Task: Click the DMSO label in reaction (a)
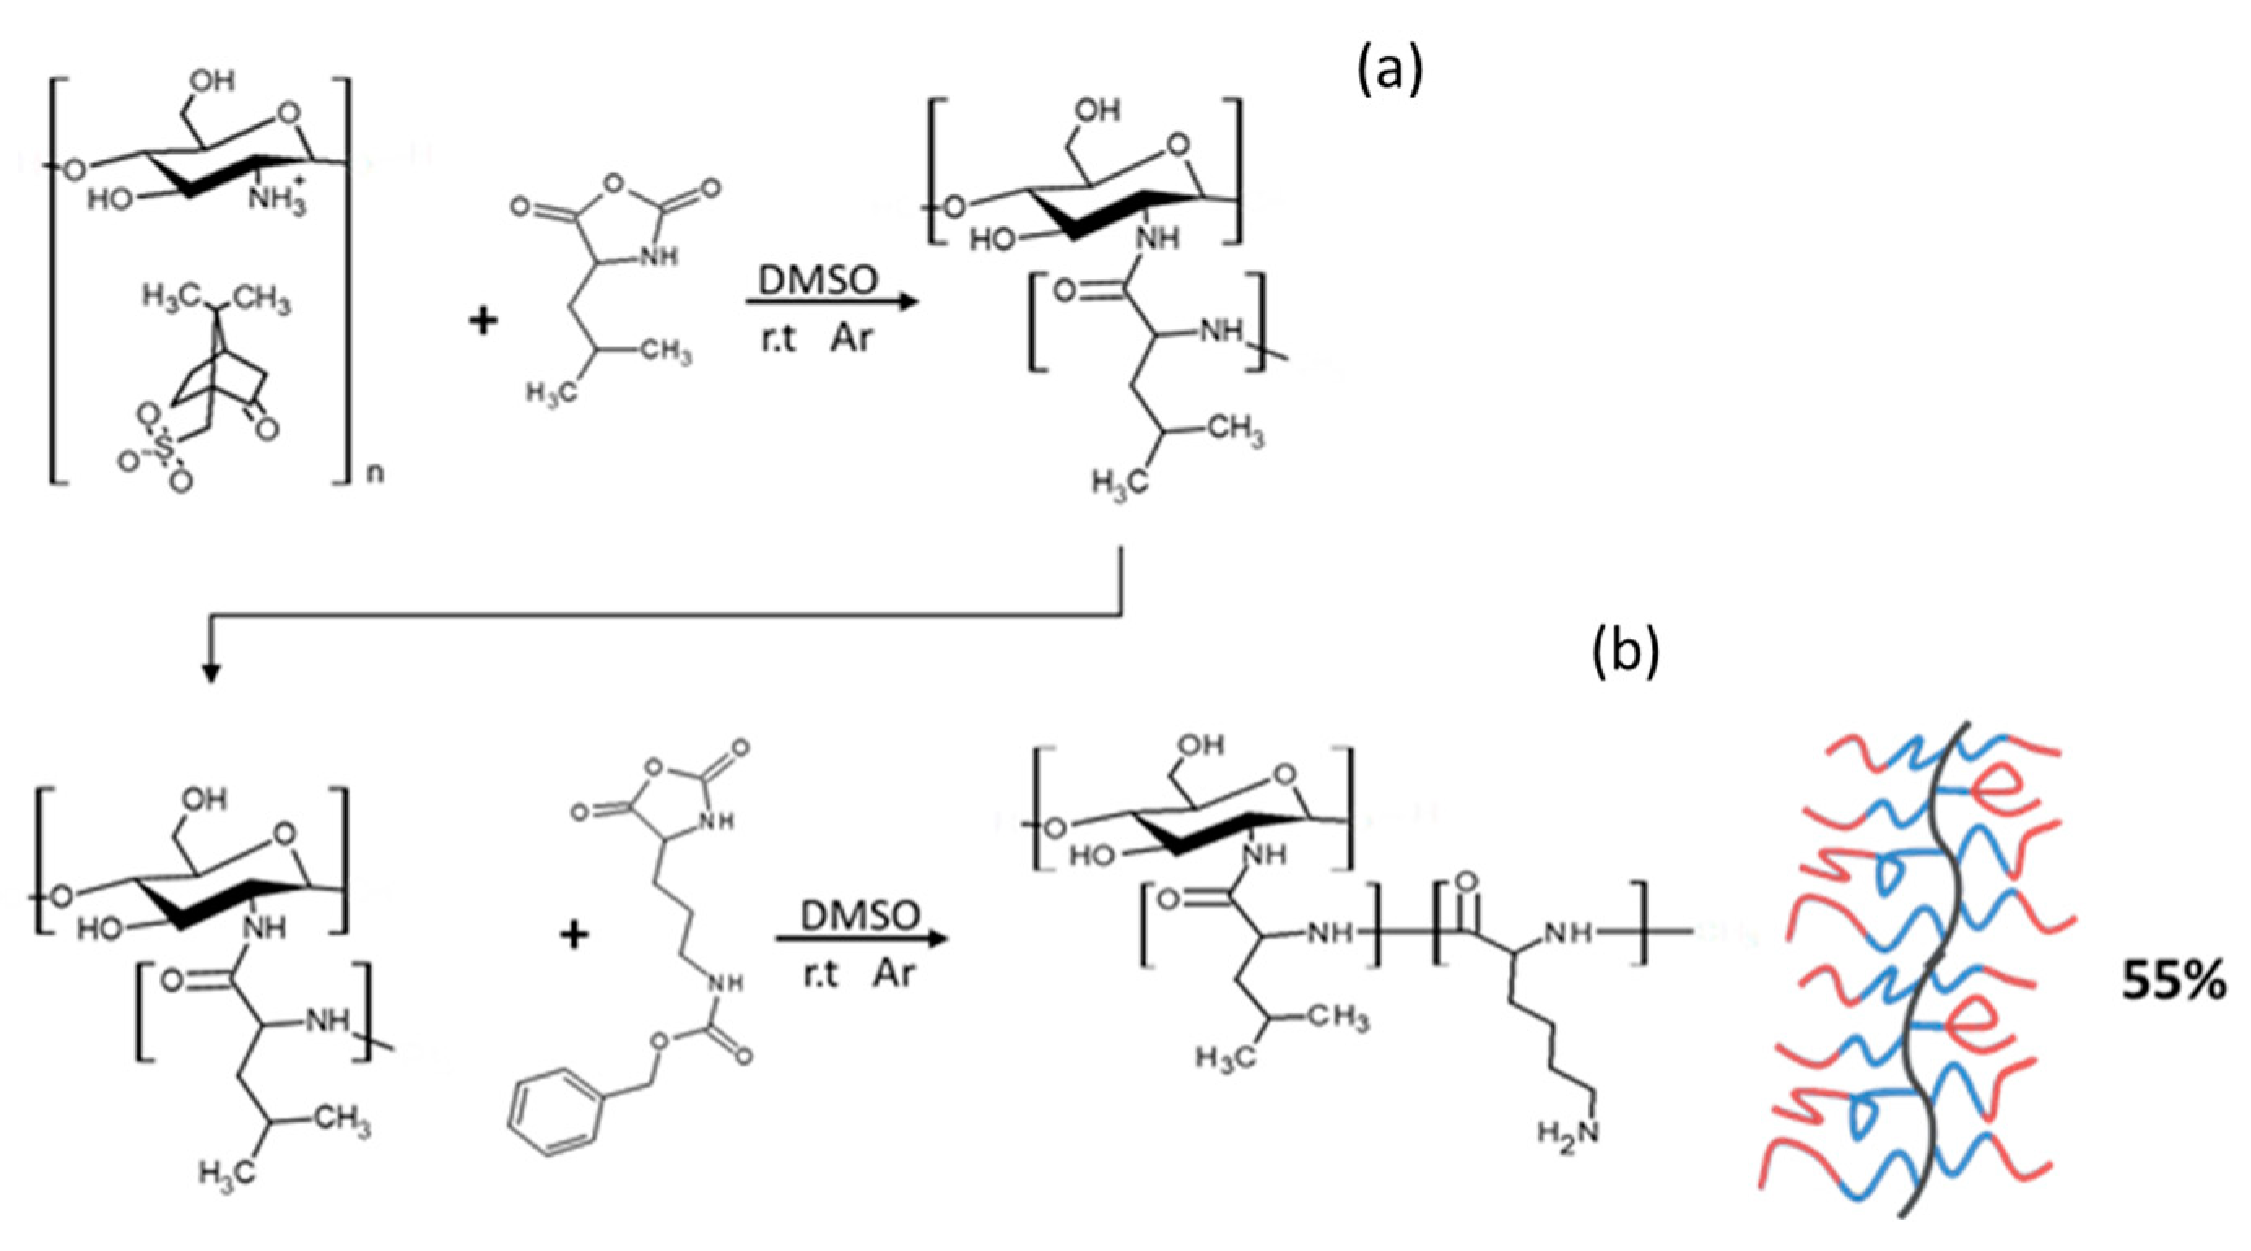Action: click(x=817, y=281)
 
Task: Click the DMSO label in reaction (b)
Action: click(x=860, y=915)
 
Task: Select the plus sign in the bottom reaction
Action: click(x=573, y=936)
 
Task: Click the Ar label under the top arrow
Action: click(x=850, y=338)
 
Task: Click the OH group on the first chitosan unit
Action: click(x=212, y=81)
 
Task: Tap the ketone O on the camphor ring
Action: click(x=267, y=429)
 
